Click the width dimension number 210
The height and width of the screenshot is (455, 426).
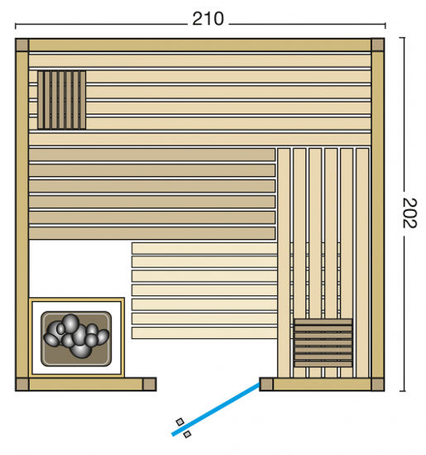point(208,18)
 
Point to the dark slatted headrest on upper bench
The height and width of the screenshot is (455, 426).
point(60,100)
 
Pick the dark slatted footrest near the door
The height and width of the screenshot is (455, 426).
point(323,342)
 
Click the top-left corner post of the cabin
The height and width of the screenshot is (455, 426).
point(22,45)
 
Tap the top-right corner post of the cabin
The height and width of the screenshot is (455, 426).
point(377,45)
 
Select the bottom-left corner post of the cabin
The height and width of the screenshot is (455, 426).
point(22,384)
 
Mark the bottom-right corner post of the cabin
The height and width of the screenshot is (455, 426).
point(377,384)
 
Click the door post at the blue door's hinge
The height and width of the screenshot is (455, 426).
point(266,384)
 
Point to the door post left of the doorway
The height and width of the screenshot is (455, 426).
point(149,384)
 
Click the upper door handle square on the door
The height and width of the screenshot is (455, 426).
point(180,422)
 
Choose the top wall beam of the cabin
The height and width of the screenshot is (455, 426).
point(199,45)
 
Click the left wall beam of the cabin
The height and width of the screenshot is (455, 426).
point(22,215)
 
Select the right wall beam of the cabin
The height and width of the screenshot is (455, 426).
point(377,215)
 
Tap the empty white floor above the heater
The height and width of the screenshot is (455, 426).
point(79,269)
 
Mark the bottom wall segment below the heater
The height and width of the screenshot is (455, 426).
point(83,384)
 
